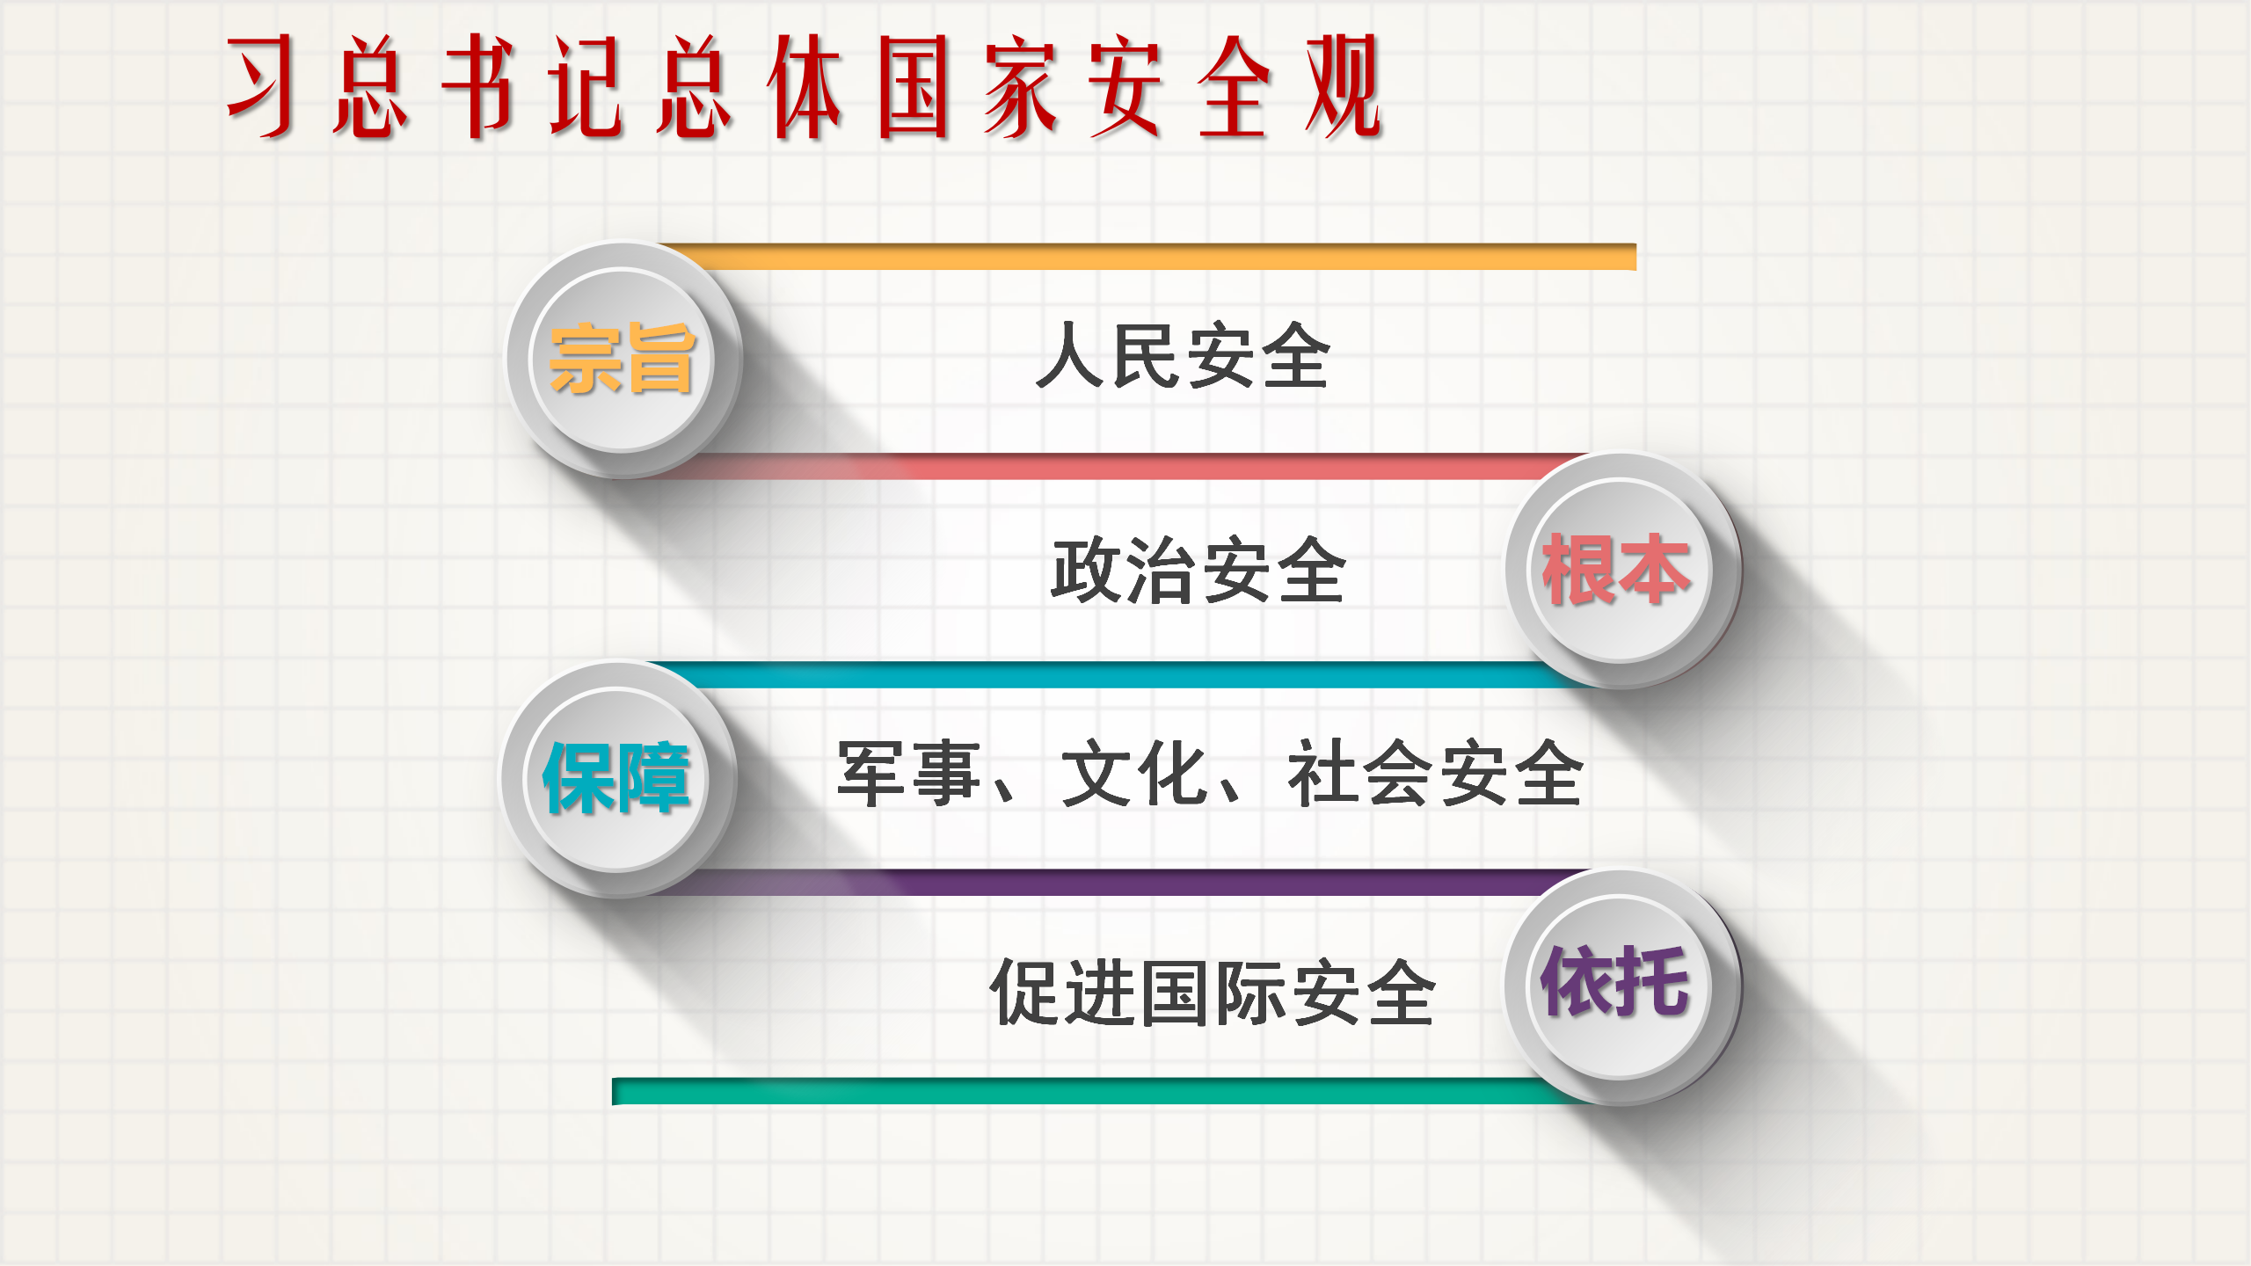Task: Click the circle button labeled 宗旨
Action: [623, 360]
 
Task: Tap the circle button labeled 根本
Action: [1622, 571]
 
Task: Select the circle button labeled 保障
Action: [618, 779]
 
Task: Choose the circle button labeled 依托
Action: [1622, 986]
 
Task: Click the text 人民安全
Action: [1183, 355]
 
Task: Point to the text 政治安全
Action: [1198, 571]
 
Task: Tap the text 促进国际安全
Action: [1213, 993]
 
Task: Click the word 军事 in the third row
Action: [909, 774]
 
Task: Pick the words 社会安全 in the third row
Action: [1435, 774]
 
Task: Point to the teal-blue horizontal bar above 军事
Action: [1117, 675]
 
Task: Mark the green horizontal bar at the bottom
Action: [1099, 1091]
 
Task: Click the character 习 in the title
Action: [261, 86]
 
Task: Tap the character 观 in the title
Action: [1344, 86]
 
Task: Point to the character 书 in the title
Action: [477, 86]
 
